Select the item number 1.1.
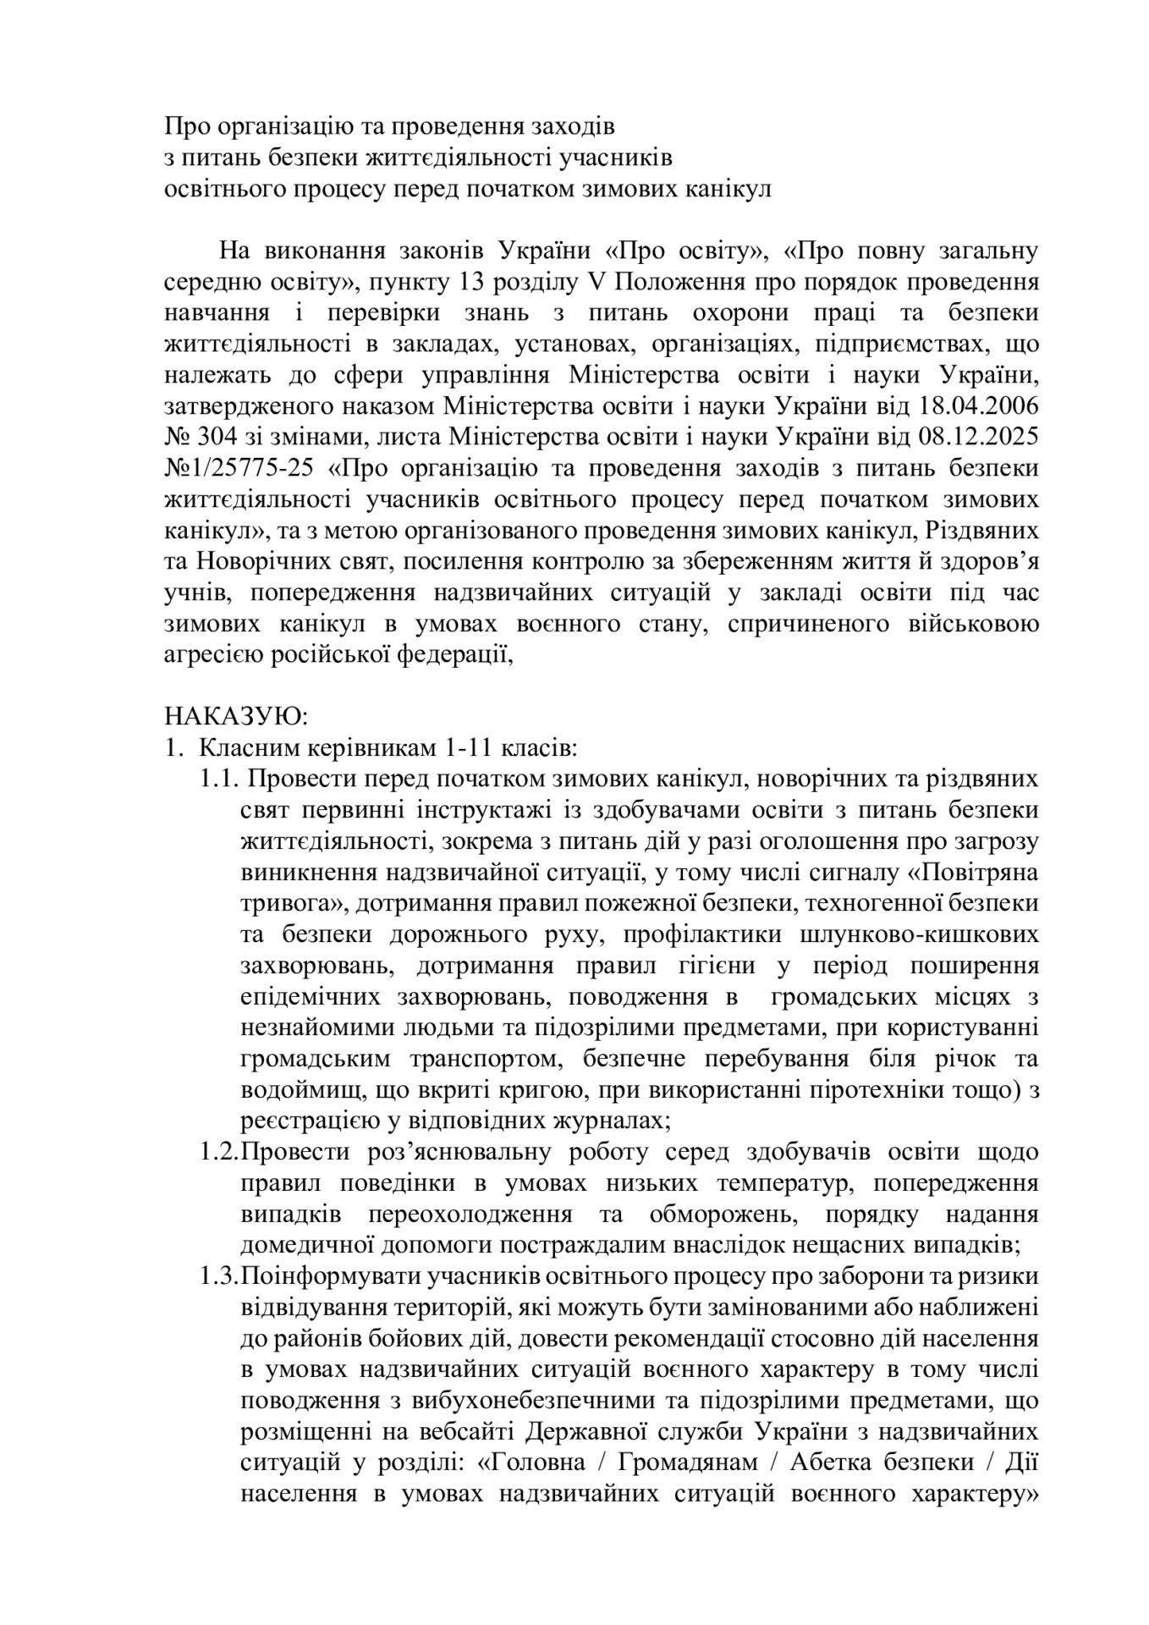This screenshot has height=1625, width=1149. (x=221, y=779)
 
